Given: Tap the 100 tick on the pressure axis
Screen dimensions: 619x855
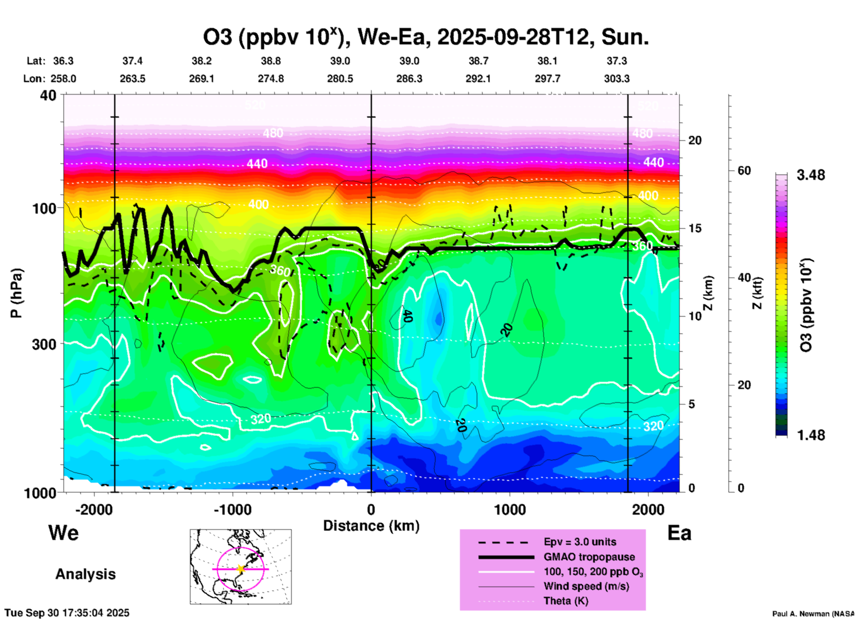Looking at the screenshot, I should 44,208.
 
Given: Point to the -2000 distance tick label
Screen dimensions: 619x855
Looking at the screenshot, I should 94,510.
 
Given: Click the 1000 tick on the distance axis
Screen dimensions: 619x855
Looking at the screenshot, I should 510,510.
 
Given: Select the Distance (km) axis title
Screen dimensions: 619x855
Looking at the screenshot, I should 371,526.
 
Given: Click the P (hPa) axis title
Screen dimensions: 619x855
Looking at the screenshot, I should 16,293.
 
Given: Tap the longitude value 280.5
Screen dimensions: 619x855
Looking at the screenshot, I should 340,79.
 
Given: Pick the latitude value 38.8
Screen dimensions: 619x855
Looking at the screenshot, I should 271,61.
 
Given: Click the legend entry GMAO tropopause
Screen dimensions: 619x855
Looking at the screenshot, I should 589,557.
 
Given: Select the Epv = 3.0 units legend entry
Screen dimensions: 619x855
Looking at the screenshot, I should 580,542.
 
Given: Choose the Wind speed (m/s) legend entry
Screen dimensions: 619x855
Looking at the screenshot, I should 586,586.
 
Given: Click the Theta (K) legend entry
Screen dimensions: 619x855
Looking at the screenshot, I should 566,601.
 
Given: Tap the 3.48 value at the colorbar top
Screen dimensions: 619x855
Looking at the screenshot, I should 811,175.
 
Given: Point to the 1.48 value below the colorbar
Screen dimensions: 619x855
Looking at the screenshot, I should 811,435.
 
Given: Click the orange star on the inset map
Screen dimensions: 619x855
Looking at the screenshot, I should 241,569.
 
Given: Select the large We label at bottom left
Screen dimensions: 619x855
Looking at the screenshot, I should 63,533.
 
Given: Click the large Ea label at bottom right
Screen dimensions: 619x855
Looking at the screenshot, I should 679,533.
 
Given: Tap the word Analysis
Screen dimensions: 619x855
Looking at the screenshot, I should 85,574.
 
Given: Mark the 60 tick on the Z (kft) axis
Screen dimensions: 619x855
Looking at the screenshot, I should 744,171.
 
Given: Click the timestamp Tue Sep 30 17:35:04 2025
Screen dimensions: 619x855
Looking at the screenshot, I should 67,613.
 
